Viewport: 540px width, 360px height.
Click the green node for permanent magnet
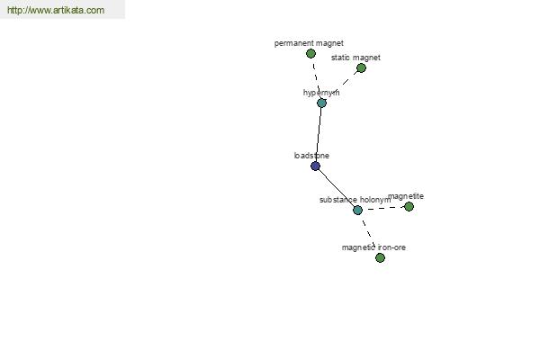pyautogui.click(x=310, y=53)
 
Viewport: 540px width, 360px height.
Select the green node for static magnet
pyautogui.click(x=361, y=67)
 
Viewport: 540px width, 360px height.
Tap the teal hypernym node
pyautogui.click(x=321, y=103)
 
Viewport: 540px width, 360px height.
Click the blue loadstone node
pyautogui.click(x=316, y=166)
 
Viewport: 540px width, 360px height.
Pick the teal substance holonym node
pyautogui.click(x=358, y=210)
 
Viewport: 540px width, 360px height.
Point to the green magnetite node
pyautogui.click(x=409, y=207)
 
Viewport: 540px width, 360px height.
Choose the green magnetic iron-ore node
pyautogui.click(x=380, y=257)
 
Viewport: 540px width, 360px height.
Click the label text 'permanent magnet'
pyautogui.click(x=309, y=43)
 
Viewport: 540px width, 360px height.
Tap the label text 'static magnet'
pyautogui.click(x=355, y=58)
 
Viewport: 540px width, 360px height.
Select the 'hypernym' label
pyautogui.click(x=321, y=93)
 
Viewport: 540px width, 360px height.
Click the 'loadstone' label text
pyautogui.click(x=311, y=156)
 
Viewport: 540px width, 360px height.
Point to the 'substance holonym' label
pyautogui.click(x=355, y=200)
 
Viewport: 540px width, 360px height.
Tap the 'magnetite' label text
pyautogui.click(x=406, y=196)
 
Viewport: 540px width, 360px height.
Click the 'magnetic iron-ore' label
pyautogui.click(x=373, y=247)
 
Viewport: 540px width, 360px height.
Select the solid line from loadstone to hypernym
pyautogui.click(x=319, y=134)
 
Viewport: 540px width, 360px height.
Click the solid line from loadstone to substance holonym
pyautogui.click(x=337, y=188)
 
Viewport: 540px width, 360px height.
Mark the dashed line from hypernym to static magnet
pyautogui.click(x=341, y=85)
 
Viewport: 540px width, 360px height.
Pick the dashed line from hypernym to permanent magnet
pyautogui.click(x=316, y=78)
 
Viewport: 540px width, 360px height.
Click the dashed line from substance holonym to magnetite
pyautogui.click(x=383, y=209)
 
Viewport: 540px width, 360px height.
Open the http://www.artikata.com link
pyautogui.click(x=56, y=10)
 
